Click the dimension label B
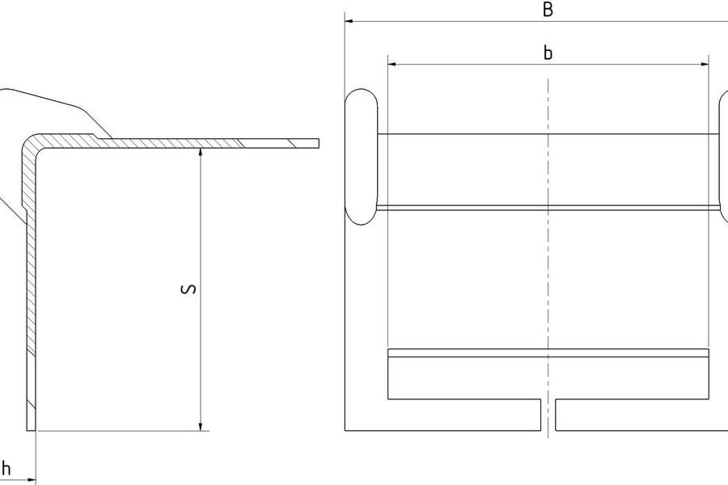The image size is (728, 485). [548, 9]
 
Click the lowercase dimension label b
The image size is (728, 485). [548, 53]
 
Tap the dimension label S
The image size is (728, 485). [188, 289]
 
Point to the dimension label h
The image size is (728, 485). [6, 468]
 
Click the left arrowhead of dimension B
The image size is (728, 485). [349, 21]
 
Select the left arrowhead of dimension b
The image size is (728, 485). [392, 65]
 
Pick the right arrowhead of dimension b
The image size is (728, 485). [704, 65]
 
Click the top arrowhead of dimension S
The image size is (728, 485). [201, 153]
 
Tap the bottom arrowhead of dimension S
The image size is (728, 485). [201, 426]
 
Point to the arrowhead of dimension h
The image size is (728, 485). [31, 479]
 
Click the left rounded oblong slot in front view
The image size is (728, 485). [362, 158]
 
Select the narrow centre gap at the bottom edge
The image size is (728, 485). [548, 415]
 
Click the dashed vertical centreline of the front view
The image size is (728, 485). [548, 259]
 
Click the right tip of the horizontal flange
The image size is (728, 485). [319, 143]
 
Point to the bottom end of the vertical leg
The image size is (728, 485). [31, 430]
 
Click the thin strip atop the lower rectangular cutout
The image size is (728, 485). [548, 352]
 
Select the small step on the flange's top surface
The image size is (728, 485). [95, 137]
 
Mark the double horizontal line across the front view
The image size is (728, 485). [548, 208]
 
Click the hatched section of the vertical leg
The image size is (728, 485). [31, 278]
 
